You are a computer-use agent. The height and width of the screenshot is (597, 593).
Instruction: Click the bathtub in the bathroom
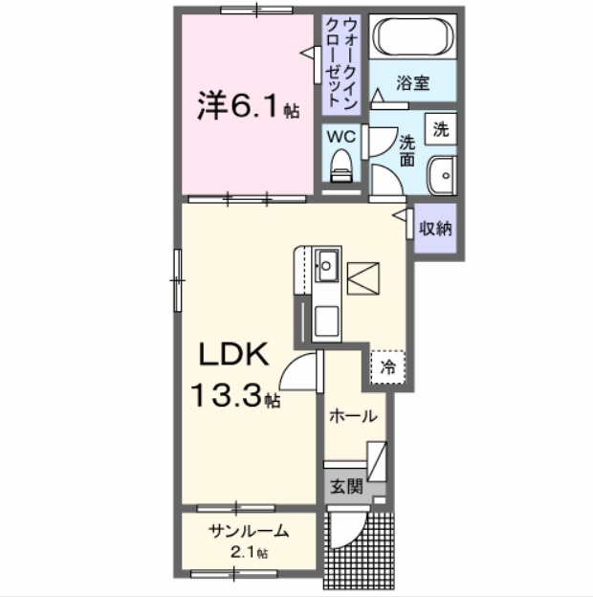pyautogui.click(x=411, y=38)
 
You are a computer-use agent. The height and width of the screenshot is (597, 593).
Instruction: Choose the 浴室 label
pyautogui.click(x=412, y=83)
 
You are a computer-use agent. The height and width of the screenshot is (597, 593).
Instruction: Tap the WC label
pyautogui.click(x=341, y=137)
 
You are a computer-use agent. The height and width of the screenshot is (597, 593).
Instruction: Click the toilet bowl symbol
pyautogui.click(x=340, y=169)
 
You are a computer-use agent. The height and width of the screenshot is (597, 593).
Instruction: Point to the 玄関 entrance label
pyautogui.click(x=346, y=485)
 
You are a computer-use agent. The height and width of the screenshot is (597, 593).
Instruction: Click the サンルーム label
pyautogui.click(x=248, y=533)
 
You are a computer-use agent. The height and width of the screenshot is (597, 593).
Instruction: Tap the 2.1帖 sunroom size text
pyautogui.click(x=248, y=552)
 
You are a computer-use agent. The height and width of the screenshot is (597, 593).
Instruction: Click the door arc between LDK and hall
pyautogui.click(x=304, y=368)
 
